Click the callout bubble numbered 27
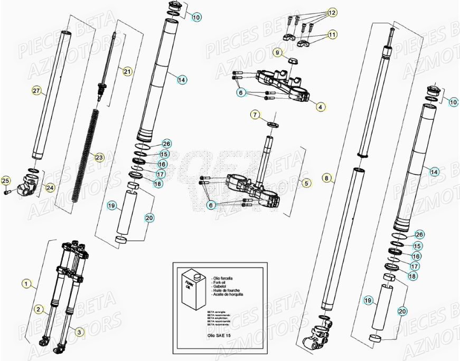click(x=36, y=91)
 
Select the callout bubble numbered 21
click(x=127, y=71)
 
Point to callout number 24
click(x=50, y=187)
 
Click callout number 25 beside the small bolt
click(x=6, y=182)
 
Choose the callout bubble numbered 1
click(x=26, y=283)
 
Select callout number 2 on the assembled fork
click(x=39, y=309)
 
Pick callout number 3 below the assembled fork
click(x=79, y=332)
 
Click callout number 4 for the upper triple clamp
click(x=320, y=107)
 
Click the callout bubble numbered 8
click(x=327, y=178)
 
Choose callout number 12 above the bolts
click(x=332, y=12)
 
